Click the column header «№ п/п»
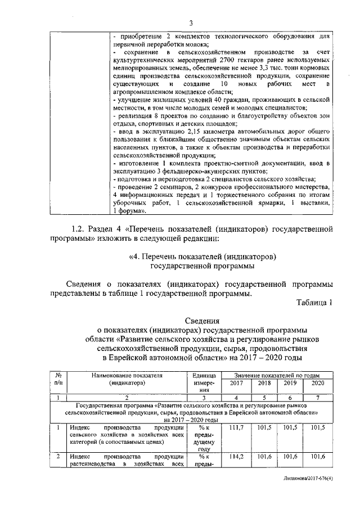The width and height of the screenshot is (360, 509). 58,379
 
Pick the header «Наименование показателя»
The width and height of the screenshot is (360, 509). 123,375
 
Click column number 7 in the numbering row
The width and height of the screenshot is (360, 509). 317,398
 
